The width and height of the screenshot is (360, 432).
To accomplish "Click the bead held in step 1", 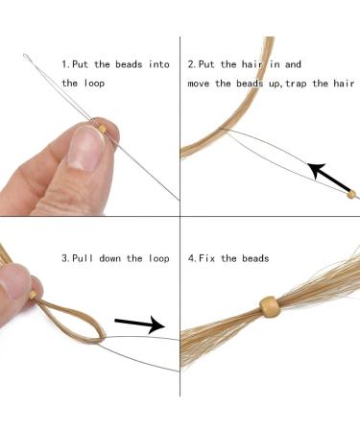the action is click(103, 129).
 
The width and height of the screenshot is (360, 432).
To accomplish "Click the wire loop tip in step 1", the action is click(25, 56).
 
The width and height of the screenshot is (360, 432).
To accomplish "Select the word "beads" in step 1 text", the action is click(129, 64).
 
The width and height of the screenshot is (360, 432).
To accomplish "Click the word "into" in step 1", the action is click(158, 64).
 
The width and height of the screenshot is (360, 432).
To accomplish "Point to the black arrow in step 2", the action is click(329, 178).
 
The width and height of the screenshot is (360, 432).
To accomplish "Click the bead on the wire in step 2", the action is click(351, 194).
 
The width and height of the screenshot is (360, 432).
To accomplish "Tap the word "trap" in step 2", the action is click(296, 84).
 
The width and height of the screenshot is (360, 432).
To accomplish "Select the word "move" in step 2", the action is click(198, 84).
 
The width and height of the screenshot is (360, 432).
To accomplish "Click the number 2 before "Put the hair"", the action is click(191, 64).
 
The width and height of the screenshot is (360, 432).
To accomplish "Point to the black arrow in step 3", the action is click(140, 324).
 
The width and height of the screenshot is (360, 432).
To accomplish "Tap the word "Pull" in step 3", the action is click(83, 258).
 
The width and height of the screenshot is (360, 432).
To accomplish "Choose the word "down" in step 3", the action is click(109, 258).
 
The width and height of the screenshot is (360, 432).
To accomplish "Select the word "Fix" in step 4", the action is click(206, 258).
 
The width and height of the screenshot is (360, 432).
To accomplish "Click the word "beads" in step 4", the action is click(255, 258).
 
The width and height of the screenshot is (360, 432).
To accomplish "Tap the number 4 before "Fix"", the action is click(191, 258).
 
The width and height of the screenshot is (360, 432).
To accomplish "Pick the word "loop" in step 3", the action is click(158, 258).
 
